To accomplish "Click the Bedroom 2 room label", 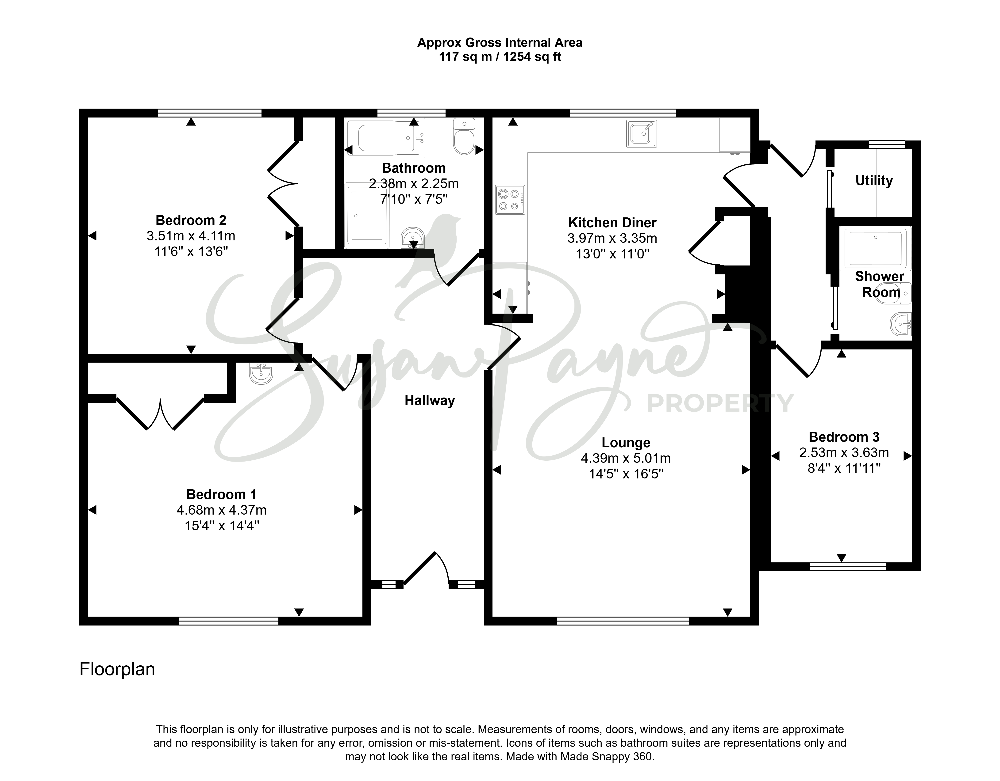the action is coord(191,220).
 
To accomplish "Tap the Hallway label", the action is coord(430,401).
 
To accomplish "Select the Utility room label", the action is coord(874,181).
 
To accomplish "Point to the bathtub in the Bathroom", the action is coord(385,138).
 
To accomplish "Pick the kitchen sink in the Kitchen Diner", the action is coord(642,134).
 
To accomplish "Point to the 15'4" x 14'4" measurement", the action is coord(222,526).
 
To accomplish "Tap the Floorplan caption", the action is coord(117,669).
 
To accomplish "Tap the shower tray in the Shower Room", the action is coord(875,248).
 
